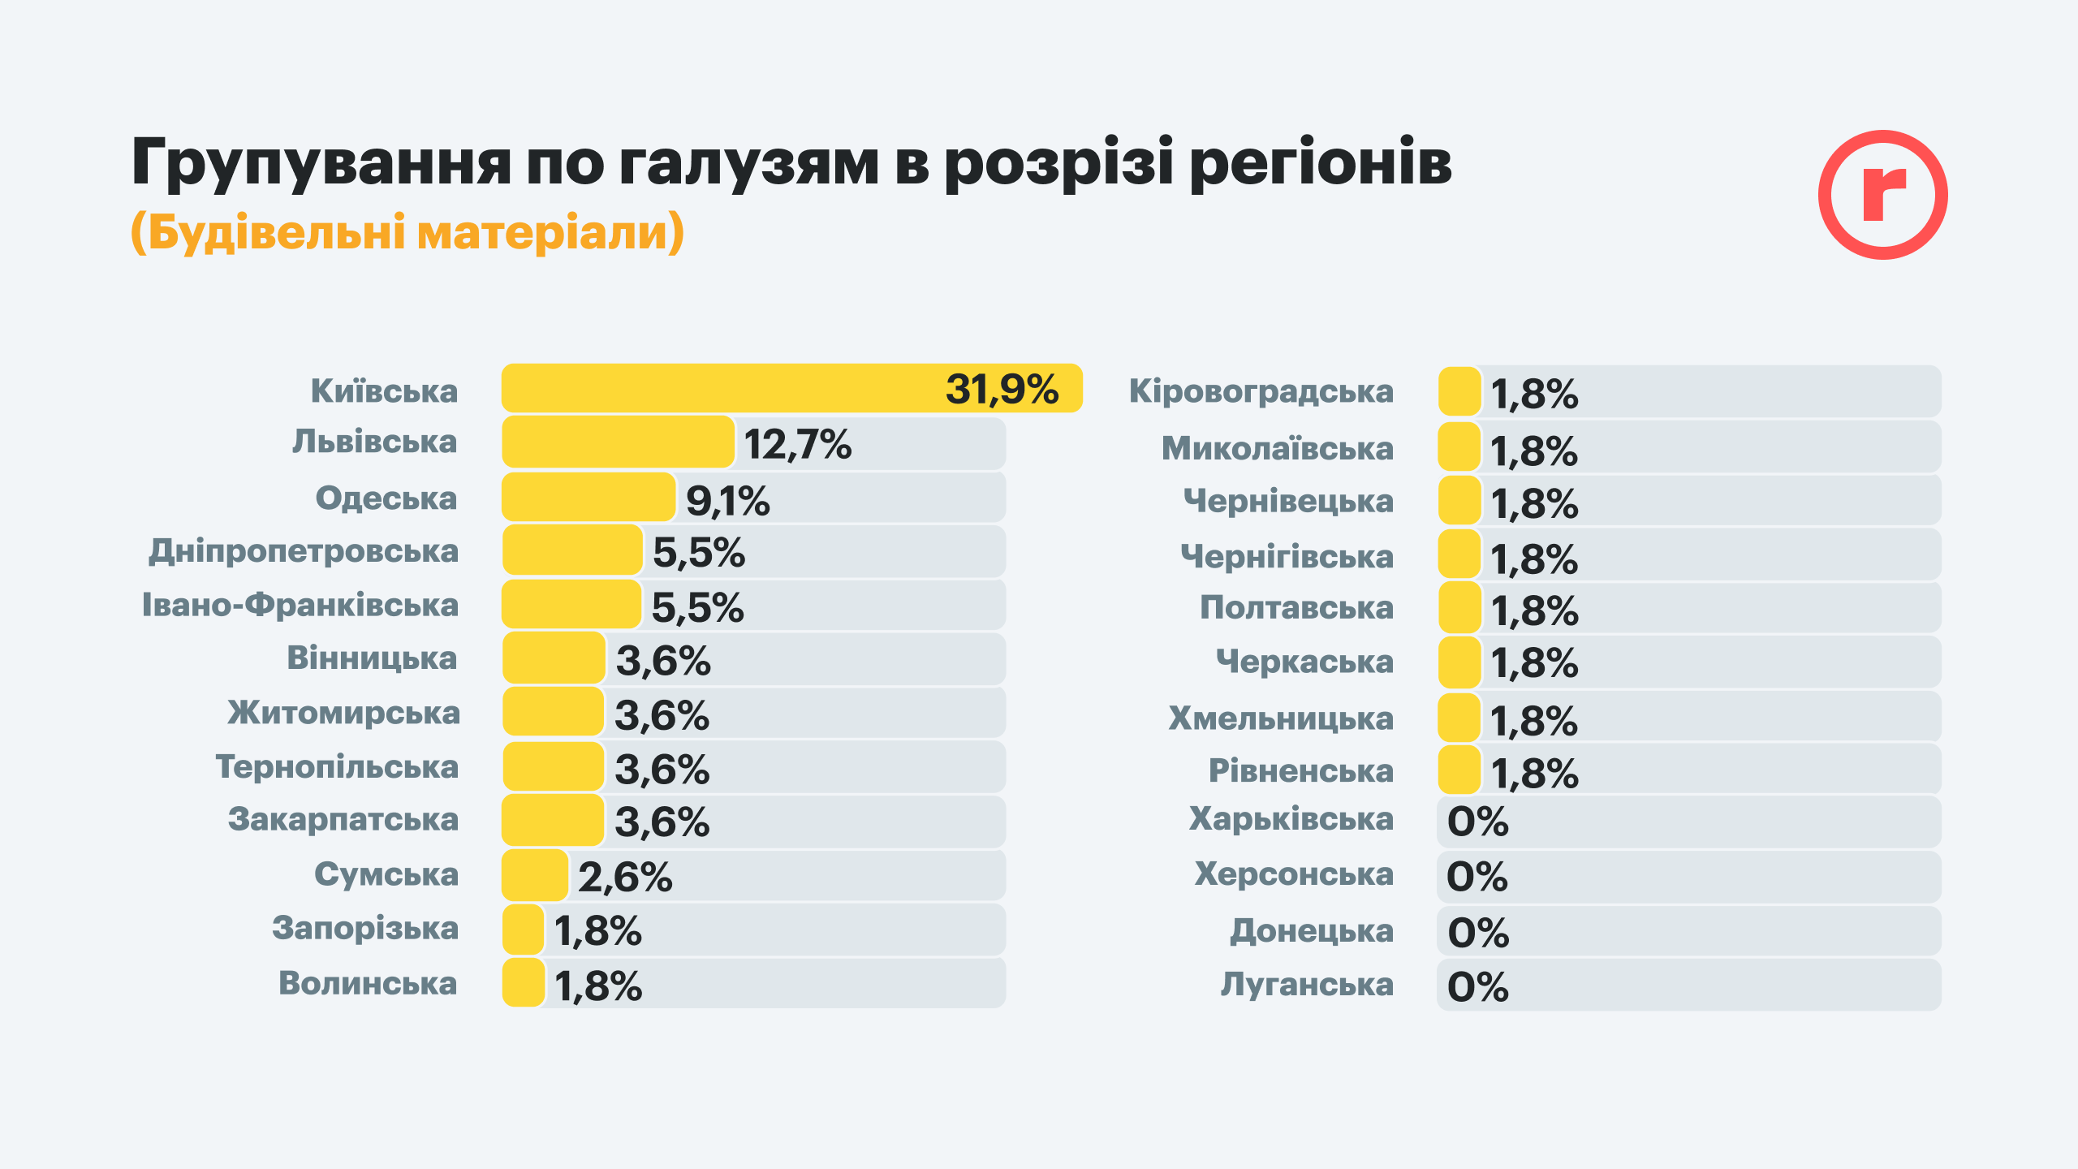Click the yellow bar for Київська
coord(722,388)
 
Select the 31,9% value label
coord(1002,389)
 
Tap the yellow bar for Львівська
coord(618,442)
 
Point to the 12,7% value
coord(797,444)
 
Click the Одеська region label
coord(386,498)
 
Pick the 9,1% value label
coord(727,500)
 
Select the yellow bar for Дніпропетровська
coord(572,550)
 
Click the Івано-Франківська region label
coord(300,605)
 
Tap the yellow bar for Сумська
coord(535,875)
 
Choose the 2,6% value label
coord(625,877)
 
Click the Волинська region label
coord(368,983)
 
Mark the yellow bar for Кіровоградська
coord(1459,391)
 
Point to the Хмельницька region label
coord(1280,718)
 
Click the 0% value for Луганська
coord(1477,986)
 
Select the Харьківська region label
coord(1291,819)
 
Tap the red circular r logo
coord(1882,195)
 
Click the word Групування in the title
coord(321,162)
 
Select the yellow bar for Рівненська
coord(1459,770)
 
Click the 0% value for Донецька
coord(1477,932)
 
